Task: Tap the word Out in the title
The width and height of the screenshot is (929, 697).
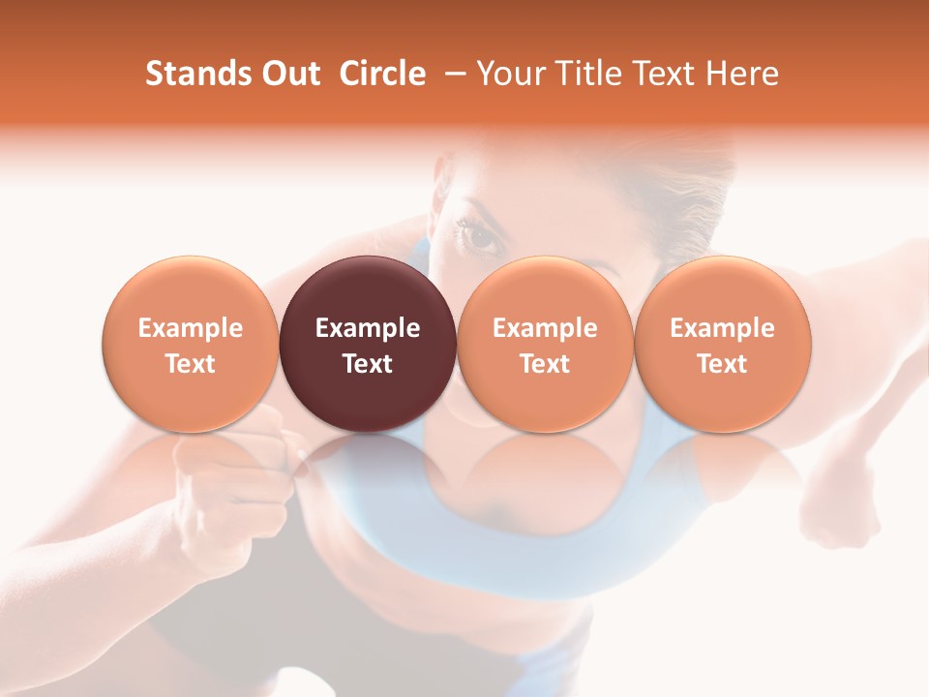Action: (289, 74)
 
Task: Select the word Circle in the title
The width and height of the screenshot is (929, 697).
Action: (382, 74)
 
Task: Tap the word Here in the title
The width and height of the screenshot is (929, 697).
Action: (743, 74)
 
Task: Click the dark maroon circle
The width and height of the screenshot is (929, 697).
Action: (368, 344)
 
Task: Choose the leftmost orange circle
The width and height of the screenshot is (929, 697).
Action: (190, 344)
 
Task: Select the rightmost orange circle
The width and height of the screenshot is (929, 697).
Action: (722, 344)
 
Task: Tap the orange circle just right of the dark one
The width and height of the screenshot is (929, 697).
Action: (545, 344)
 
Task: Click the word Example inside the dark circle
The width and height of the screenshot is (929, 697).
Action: (368, 328)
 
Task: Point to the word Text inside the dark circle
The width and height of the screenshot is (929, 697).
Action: (368, 364)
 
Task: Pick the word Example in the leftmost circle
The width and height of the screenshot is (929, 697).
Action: (190, 328)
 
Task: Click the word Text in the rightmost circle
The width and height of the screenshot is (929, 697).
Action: (722, 364)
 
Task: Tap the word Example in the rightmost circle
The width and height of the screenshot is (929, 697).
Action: (722, 328)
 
